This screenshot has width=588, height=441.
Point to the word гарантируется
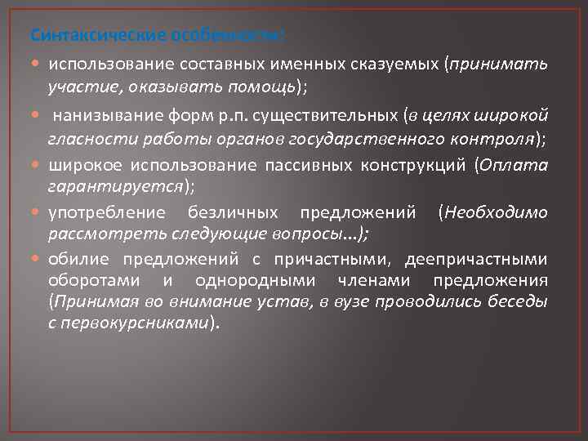pyautogui.click(x=114, y=187)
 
